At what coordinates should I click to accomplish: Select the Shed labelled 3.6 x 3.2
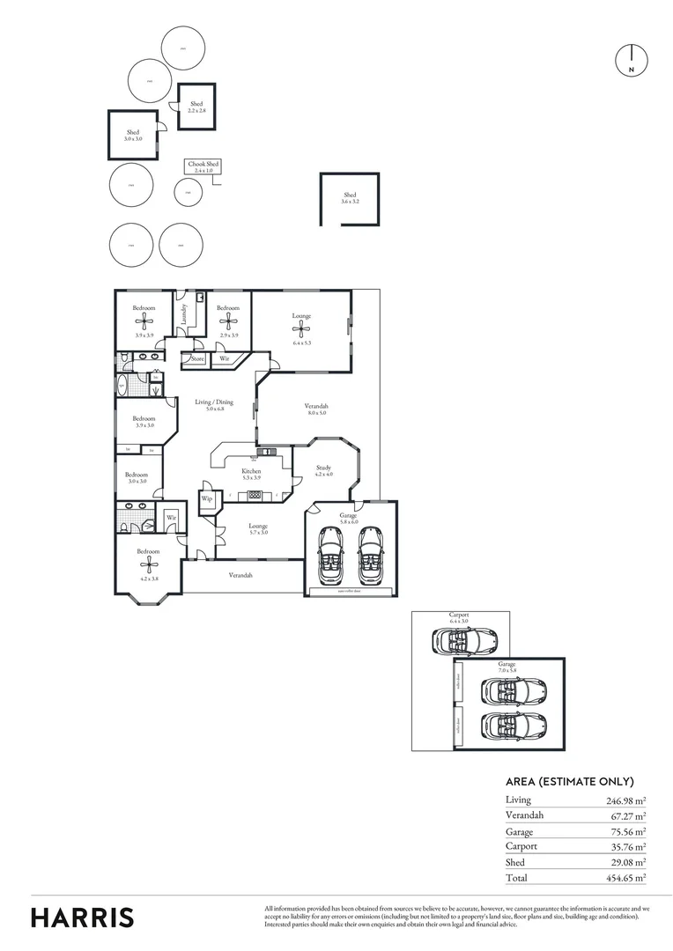[350, 197]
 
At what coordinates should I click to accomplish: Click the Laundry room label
[184, 313]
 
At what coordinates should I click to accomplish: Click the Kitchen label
[252, 472]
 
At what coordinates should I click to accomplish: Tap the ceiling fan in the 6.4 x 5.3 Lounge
[301, 329]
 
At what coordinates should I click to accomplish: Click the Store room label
[197, 359]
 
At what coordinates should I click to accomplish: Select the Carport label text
[457, 617]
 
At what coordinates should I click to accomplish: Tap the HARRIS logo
[83, 917]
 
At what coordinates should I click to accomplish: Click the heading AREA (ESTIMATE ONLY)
[569, 781]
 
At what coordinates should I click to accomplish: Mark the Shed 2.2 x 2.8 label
[196, 107]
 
